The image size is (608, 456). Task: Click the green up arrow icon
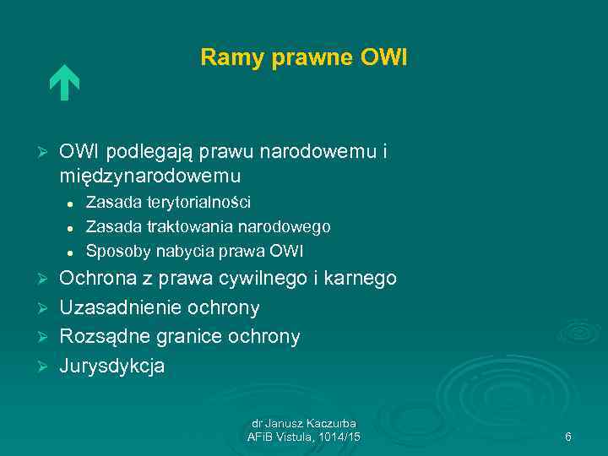(x=63, y=84)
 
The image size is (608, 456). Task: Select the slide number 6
(x=568, y=437)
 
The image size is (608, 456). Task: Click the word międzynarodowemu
(x=150, y=176)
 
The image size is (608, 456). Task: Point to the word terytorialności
(x=198, y=202)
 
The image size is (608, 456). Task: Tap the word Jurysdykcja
(x=112, y=366)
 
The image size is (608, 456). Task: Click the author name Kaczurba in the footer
(x=329, y=423)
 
